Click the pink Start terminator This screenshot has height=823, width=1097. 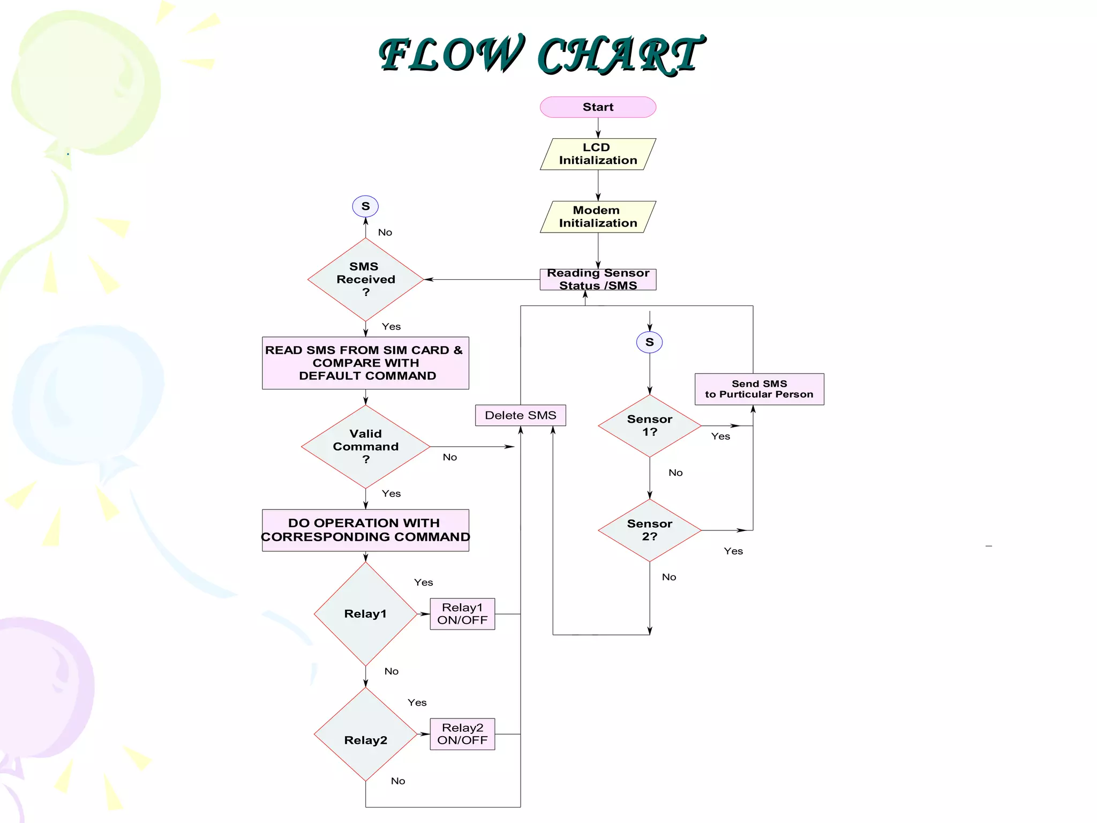point(598,107)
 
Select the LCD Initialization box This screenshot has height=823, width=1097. point(598,154)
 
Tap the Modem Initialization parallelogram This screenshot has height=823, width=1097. point(598,216)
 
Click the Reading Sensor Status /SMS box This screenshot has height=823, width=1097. point(598,279)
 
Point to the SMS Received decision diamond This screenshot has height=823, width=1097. point(365,279)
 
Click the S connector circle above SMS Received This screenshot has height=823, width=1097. point(365,206)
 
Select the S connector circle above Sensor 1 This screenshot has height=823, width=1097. point(649,342)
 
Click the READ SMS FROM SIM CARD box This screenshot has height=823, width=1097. point(365,363)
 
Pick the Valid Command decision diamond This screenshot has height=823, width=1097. point(365,446)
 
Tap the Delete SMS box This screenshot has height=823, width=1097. point(520,415)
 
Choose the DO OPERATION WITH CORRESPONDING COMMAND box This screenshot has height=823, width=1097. point(365,530)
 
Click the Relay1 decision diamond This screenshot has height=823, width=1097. point(365,614)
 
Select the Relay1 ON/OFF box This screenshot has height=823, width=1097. point(462,614)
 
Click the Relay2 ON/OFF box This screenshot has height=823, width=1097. point(462,734)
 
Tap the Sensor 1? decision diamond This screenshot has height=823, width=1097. point(649,426)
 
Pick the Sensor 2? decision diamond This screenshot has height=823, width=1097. point(649,530)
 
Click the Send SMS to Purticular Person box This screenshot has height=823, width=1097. point(759,389)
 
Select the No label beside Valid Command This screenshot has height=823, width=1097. point(450,457)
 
